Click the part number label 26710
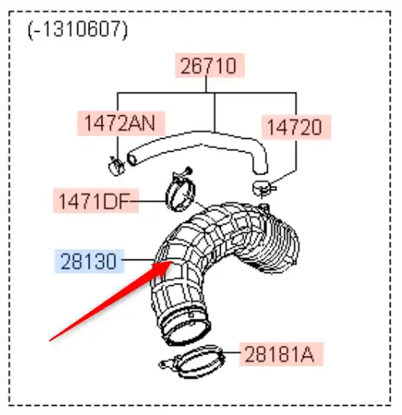(x=209, y=65)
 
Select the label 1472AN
(x=121, y=124)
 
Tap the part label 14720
(x=296, y=127)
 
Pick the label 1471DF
(x=96, y=200)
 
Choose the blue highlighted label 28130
(x=90, y=261)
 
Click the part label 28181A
(x=281, y=354)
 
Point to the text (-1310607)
(x=77, y=30)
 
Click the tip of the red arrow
(x=173, y=262)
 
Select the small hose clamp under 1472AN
(x=116, y=166)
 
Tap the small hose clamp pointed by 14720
(x=263, y=188)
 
